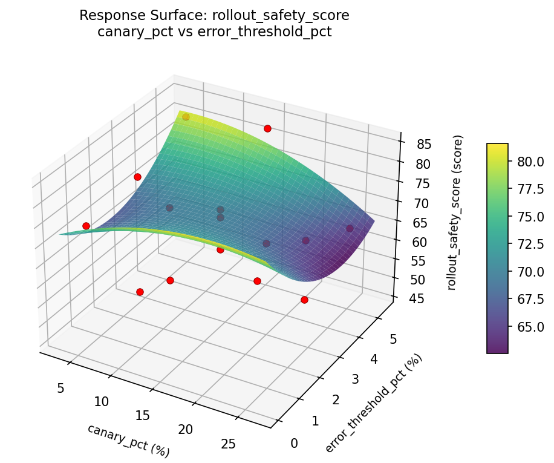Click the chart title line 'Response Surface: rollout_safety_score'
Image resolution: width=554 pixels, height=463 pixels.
[x=214, y=16]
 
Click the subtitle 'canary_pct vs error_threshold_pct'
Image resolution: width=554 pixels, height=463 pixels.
[x=214, y=32]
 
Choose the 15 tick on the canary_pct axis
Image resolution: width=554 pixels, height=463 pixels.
[x=143, y=415]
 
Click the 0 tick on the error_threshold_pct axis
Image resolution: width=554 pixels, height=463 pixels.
[x=294, y=444]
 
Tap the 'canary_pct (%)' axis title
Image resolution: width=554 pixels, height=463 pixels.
[x=128, y=440]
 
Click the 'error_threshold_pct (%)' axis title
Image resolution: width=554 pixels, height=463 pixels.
[x=373, y=403]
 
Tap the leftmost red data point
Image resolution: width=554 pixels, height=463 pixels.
[x=86, y=226]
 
